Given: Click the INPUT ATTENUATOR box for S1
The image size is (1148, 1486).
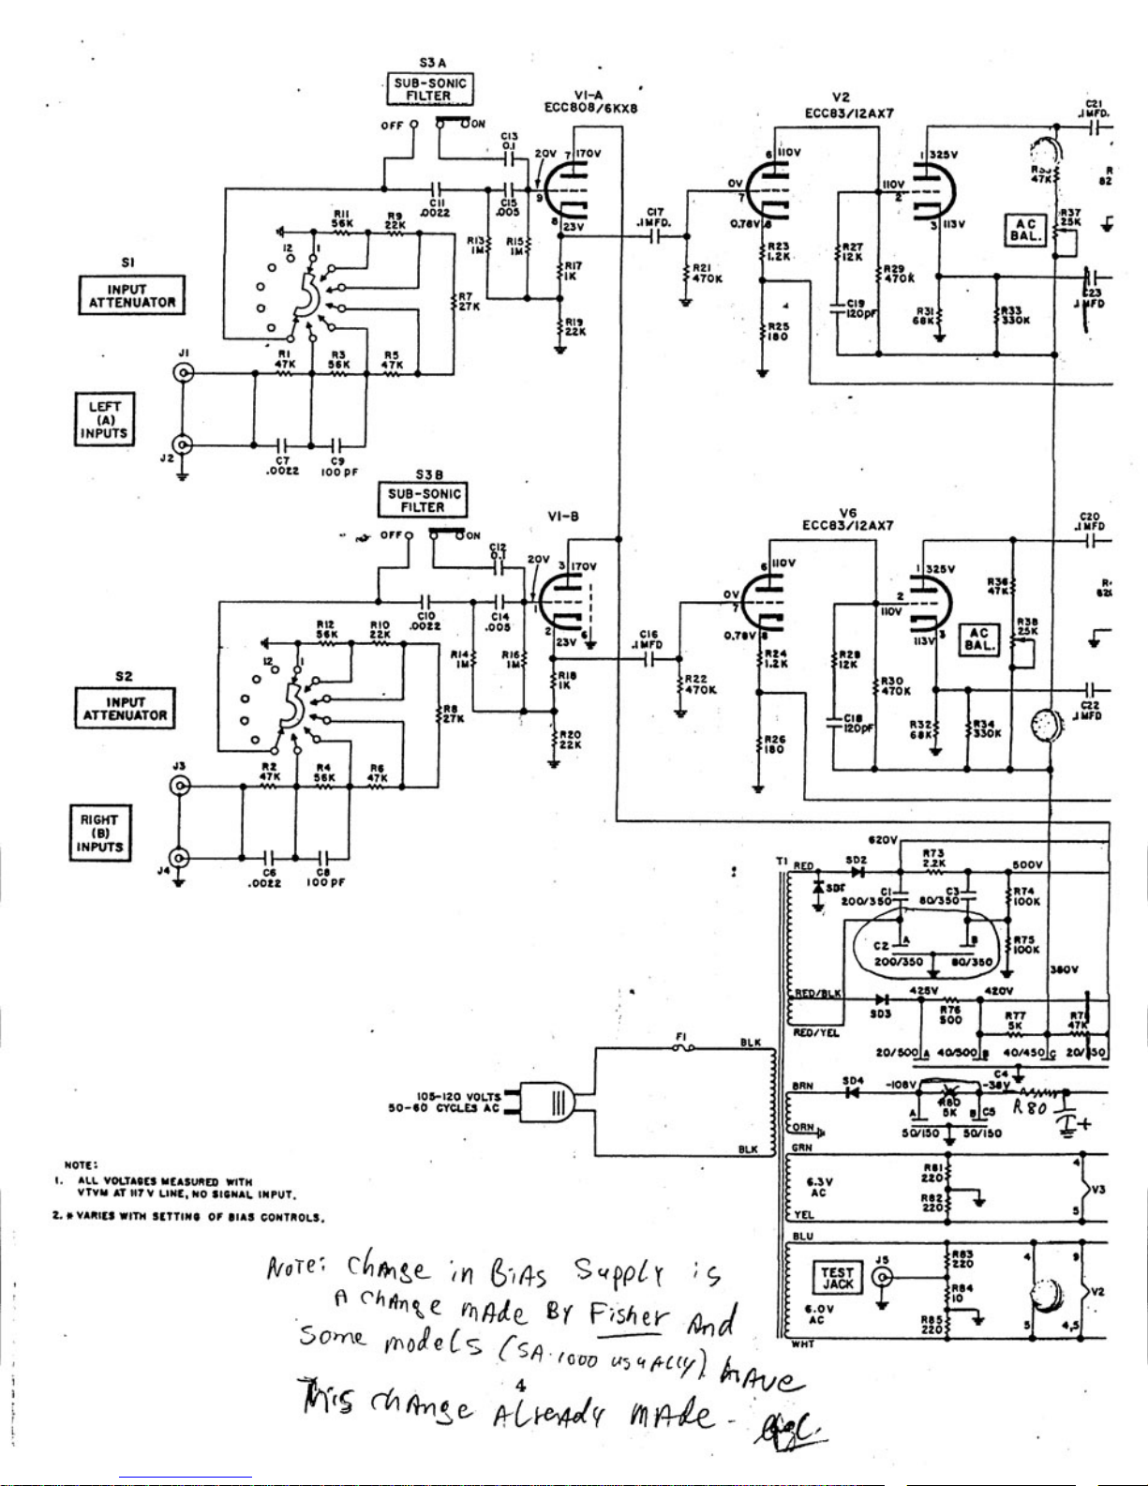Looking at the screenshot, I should click(132, 295).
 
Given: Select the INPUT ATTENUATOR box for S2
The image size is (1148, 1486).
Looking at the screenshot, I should click(125, 708).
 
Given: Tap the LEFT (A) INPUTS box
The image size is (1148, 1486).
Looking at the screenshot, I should click(105, 419).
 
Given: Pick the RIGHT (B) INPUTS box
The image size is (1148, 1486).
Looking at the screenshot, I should click(100, 833).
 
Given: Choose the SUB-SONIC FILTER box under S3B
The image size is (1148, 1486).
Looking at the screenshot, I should click(423, 501).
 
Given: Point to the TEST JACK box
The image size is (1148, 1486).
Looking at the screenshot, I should click(837, 1278).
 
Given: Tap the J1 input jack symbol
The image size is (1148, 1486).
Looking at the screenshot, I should click(184, 373).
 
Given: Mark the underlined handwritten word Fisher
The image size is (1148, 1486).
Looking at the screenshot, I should click(628, 1315).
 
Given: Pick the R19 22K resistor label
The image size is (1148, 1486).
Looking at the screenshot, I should click(572, 328).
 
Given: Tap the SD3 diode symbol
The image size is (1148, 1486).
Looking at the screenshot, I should click(880, 1000).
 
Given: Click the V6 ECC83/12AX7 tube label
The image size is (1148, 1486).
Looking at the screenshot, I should click(848, 518).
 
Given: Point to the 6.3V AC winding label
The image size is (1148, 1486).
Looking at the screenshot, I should click(817, 1188).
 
